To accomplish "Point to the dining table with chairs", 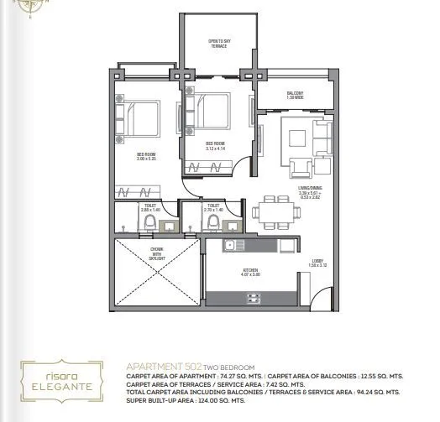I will [275, 211].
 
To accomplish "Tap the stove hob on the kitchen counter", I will [261, 247].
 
